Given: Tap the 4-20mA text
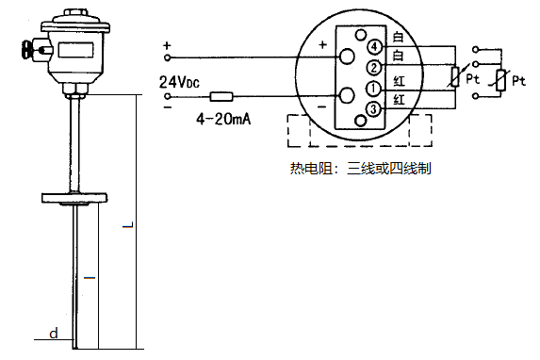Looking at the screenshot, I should coord(221,121).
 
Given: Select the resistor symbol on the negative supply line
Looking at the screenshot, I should coord(222,96).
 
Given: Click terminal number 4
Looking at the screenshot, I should coord(374,46).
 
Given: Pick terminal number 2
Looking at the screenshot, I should coord(374,67).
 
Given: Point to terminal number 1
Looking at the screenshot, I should coord(374,89).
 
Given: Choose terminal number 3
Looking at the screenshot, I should coord(374,110).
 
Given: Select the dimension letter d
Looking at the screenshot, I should coord(54,333).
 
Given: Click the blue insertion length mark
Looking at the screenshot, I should coord(90,279).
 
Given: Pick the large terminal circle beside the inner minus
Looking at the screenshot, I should coord(346,95).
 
